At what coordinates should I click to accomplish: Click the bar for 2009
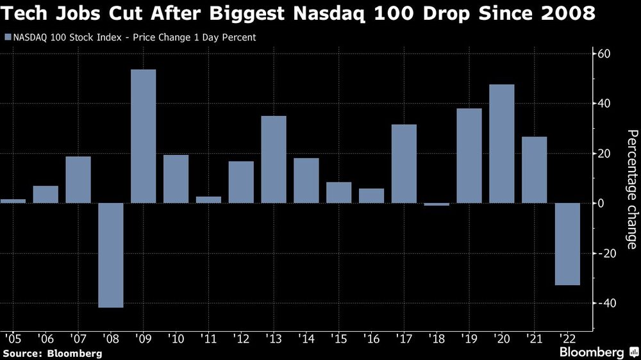(x=144, y=136)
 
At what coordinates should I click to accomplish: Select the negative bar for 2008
(x=111, y=255)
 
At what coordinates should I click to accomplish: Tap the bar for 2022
(x=567, y=243)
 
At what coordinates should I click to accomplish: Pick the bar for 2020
(x=502, y=143)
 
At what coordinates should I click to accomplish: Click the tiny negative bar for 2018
(x=437, y=204)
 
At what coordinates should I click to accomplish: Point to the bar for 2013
(x=274, y=160)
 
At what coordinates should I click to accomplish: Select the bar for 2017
(x=404, y=163)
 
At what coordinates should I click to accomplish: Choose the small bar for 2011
(x=208, y=199)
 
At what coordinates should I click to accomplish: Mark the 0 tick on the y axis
(x=602, y=203)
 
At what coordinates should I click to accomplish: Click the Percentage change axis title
(x=631, y=189)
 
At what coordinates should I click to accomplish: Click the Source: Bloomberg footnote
(x=52, y=353)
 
